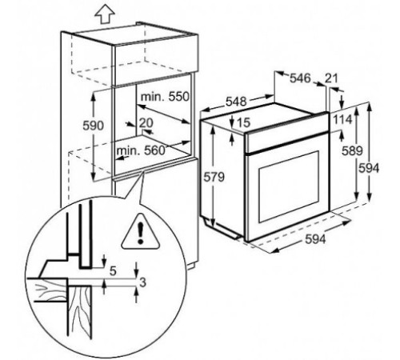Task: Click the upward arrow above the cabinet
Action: pyautogui.click(x=105, y=14)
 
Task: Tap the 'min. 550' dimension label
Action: pyautogui.click(x=165, y=97)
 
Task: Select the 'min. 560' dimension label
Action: pyautogui.click(x=141, y=151)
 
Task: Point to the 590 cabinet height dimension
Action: pyautogui.click(x=93, y=126)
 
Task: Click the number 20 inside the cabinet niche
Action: pyautogui.click(x=146, y=123)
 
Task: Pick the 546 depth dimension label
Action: pyautogui.click(x=300, y=78)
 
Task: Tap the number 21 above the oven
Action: pyautogui.click(x=331, y=78)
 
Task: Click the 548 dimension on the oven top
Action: pyautogui.click(x=236, y=102)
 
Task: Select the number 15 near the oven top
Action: pyautogui.click(x=243, y=122)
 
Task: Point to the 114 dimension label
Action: pyautogui.click(x=343, y=120)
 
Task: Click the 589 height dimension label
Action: pyautogui.click(x=352, y=151)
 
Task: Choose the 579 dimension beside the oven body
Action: pyautogui.click(x=214, y=177)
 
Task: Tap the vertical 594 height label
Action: pyautogui.click(x=369, y=168)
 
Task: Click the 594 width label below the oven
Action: pyautogui.click(x=315, y=239)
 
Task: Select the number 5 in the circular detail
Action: pyautogui.click(x=114, y=271)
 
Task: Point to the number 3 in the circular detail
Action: pyautogui.click(x=143, y=282)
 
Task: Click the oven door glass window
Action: pyautogui.click(x=289, y=186)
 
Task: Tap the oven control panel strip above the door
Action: pyautogui.click(x=287, y=142)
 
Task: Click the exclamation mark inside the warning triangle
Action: pyautogui.click(x=140, y=234)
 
